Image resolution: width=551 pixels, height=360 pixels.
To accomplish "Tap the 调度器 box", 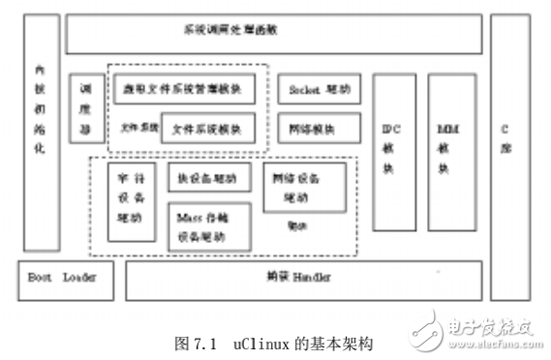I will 85,106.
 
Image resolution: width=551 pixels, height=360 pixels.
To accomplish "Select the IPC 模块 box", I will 395,148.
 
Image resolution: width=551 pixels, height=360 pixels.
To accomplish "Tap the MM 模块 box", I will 447,148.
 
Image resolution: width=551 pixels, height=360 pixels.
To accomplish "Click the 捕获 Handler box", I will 298,279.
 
